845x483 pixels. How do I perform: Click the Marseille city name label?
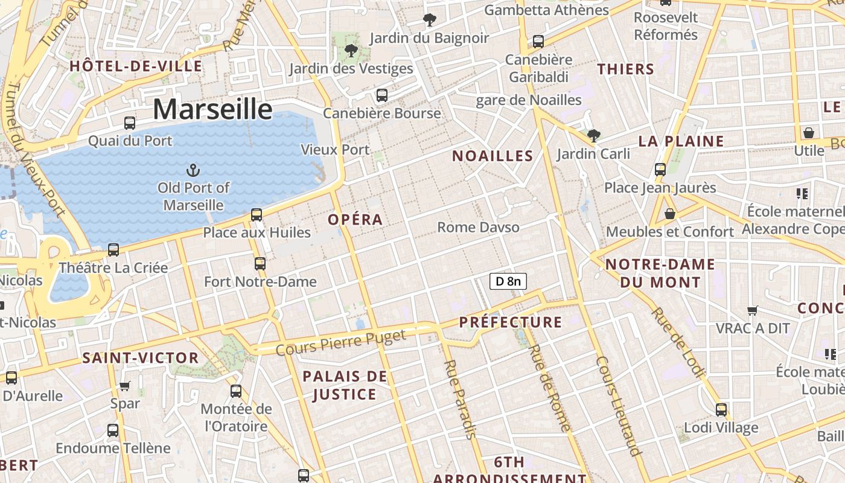click(x=212, y=109)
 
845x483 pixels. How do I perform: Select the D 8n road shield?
click(x=508, y=281)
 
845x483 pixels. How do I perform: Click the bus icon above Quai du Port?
click(x=130, y=123)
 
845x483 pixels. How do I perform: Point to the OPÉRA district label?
click(x=356, y=220)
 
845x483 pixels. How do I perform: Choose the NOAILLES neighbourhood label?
click(x=493, y=156)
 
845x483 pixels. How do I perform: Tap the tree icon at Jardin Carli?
click(x=594, y=136)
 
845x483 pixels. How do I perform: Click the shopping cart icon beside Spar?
click(x=125, y=386)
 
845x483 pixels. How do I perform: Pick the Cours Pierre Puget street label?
click(x=340, y=342)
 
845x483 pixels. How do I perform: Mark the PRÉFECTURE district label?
click(x=511, y=322)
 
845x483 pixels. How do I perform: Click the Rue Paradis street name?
click(x=461, y=398)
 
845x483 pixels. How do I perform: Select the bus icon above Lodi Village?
click(x=721, y=410)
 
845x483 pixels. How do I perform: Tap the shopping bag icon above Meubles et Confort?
click(x=669, y=214)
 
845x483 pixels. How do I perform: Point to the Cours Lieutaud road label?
click(x=618, y=405)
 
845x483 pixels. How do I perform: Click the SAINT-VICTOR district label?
click(x=141, y=358)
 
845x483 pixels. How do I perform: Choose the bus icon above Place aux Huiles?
click(x=257, y=214)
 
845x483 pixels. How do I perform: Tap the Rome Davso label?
click(x=478, y=228)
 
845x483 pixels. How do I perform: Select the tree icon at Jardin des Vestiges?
click(x=350, y=51)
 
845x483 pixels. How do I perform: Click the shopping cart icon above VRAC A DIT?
click(x=752, y=311)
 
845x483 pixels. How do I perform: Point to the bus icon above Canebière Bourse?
click(x=381, y=95)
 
